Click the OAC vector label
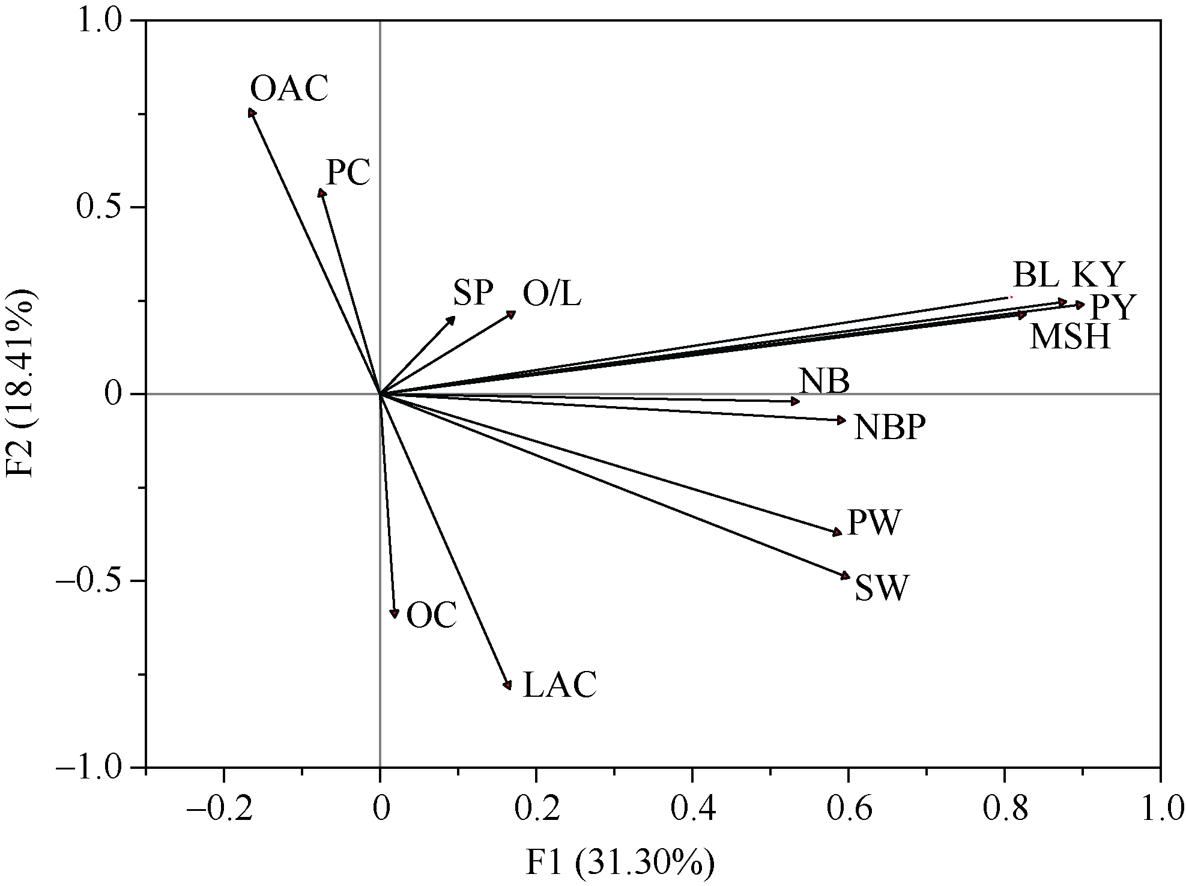[x=289, y=90]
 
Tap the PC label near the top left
[x=348, y=173]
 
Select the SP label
[x=473, y=294]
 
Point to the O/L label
[x=552, y=294]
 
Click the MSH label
[x=1070, y=337]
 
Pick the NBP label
[x=889, y=428]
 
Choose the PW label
[x=874, y=523]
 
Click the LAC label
[x=560, y=685]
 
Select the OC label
[x=431, y=616]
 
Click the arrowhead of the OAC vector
[x=252, y=112]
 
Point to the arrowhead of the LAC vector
[x=509, y=686]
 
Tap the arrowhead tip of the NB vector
[x=797, y=401]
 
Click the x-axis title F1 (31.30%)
[x=620, y=864]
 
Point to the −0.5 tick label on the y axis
[x=94, y=581]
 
